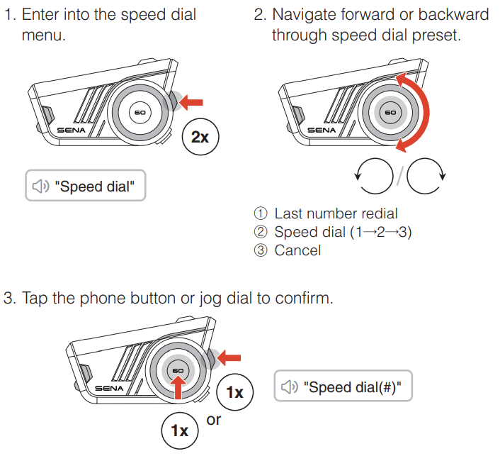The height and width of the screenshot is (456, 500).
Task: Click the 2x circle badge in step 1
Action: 200,137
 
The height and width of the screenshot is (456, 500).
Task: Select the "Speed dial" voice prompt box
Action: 85,186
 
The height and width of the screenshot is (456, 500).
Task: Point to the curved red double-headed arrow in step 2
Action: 418,113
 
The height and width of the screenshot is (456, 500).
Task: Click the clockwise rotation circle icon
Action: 426,174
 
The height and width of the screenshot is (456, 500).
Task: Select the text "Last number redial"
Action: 336,213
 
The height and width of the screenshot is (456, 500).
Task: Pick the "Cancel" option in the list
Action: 297,250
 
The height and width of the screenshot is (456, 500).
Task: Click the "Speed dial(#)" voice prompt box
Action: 343,387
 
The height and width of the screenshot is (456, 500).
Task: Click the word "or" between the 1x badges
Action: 213,420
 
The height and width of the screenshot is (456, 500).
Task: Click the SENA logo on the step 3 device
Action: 110,389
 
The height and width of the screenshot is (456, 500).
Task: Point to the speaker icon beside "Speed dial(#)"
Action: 290,387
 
